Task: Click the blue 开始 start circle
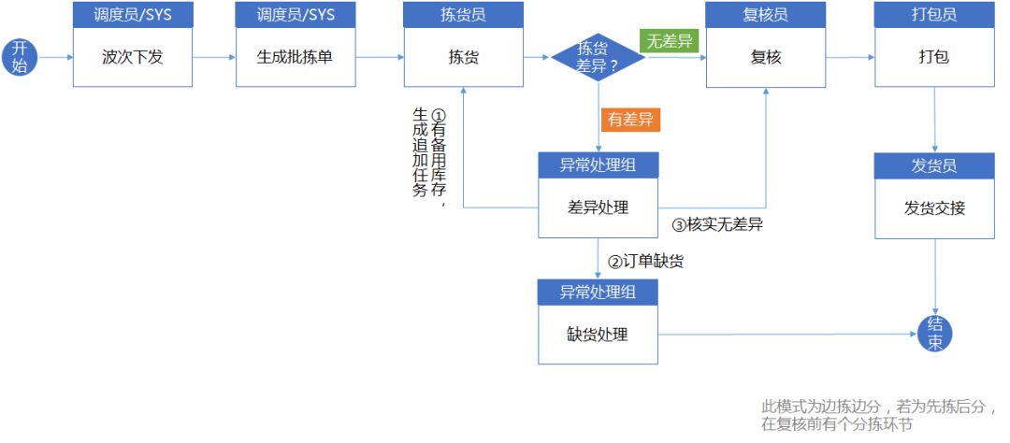[20, 57]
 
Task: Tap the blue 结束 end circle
[934, 334]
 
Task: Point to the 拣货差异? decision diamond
[599, 57]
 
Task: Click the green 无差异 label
[670, 41]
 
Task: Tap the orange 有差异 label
[630, 120]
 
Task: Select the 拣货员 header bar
[464, 14]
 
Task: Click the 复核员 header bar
[766, 14]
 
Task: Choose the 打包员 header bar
[934, 14]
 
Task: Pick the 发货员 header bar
[934, 166]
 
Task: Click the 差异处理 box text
[598, 208]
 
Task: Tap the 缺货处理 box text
[598, 335]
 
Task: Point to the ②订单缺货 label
[646, 262]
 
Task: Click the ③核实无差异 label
[717, 224]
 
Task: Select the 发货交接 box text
[934, 208]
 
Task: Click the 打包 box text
[934, 57]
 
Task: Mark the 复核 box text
[766, 57]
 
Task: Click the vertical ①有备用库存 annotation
[429, 157]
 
